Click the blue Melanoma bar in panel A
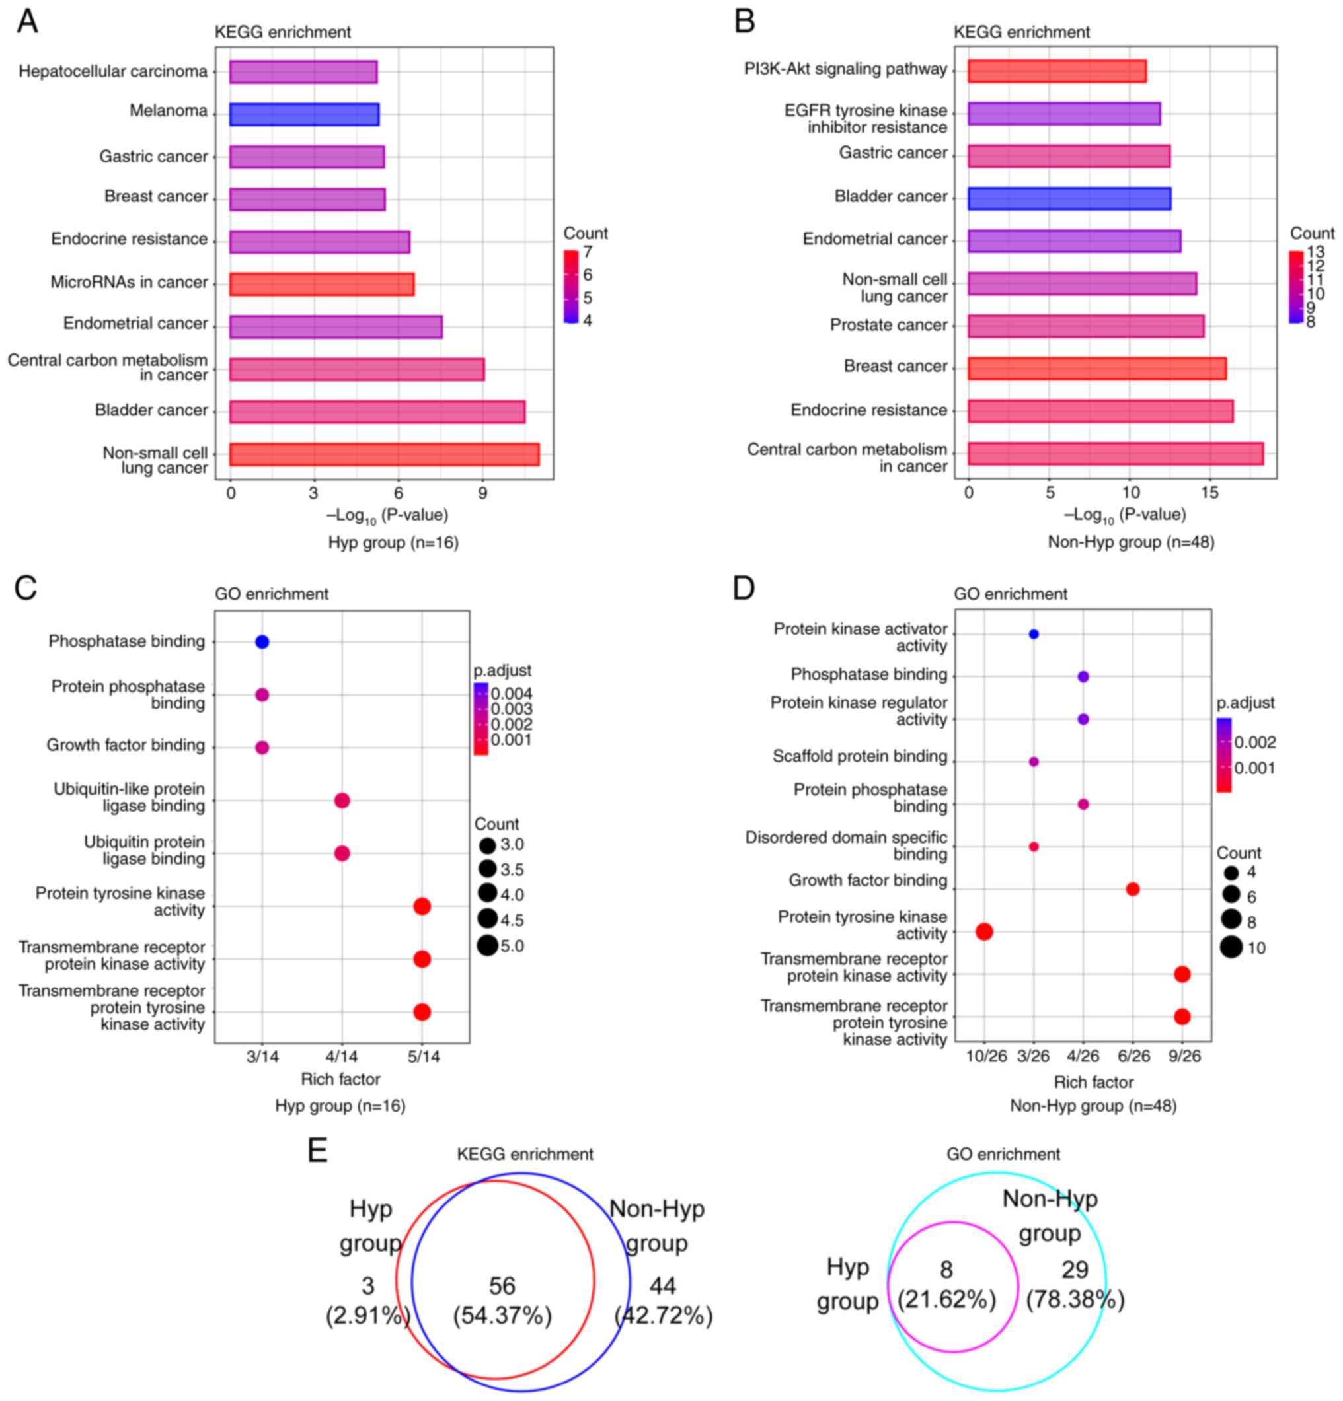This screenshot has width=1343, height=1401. pyautogui.click(x=304, y=114)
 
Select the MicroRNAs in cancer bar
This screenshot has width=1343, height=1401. pyautogui.click(x=321, y=285)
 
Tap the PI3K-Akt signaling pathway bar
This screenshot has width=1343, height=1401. pyautogui.click(x=1056, y=71)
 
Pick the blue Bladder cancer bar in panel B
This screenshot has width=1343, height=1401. pyautogui.click(x=1069, y=199)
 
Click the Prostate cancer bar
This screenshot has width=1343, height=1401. pyautogui.click(x=1085, y=327)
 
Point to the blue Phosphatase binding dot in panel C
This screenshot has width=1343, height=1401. pyautogui.click(x=262, y=642)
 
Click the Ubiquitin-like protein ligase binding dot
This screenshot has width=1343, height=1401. pyautogui.click(x=342, y=801)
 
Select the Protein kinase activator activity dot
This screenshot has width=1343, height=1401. pyautogui.click(x=1032, y=634)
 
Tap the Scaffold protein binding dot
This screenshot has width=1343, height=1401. pyautogui.click(x=1032, y=761)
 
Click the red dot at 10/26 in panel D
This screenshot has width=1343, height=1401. pyautogui.click(x=984, y=931)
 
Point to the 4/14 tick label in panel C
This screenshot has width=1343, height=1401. pyautogui.click(x=342, y=1056)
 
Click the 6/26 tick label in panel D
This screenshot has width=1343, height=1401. pyautogui.click(x=1133, y=1056)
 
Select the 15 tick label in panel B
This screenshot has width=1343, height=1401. pyautogui.click(x=1210, y=493)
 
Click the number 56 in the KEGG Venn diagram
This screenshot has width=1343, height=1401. pyautogui.click(x=502, y=1286)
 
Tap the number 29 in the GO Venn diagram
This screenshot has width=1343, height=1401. pyautogui.click(x=1074, y=1270)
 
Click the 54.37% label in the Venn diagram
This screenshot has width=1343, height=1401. pyautogui.click(x=502, y=1316)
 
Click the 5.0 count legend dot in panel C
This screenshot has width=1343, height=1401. pyautogui.click(x=488, y=946)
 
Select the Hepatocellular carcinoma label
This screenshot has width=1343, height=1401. pyautogui.click(x=113, y=71)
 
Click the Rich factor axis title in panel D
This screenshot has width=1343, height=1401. pyautogui.click(x=1093, y=1082)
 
